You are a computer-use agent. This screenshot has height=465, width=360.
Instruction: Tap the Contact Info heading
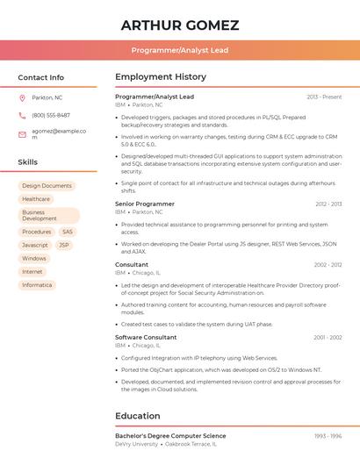pos(41,77)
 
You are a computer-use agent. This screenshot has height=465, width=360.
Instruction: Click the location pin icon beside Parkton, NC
pos(22,97)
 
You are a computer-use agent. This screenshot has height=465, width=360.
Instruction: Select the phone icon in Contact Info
pos(22,115)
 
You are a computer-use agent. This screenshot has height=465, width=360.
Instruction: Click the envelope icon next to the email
pos(22,134)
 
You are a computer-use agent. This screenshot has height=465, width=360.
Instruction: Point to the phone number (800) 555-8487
pos(51,115)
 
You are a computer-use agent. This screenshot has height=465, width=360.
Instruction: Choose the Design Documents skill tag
pos(47,186)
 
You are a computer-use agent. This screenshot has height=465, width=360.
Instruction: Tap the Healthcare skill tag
pos(36,199)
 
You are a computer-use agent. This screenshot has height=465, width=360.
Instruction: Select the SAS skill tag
pos(68,232)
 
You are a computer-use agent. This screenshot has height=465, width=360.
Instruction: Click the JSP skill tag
pos(63,245)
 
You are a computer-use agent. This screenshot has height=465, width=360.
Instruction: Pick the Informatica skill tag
pos(37,285)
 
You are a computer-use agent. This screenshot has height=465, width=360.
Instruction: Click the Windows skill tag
pos(34,258)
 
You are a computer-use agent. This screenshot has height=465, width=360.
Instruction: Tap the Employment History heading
pos(161,77)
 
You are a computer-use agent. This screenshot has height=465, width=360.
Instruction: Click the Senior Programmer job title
pos(145,204)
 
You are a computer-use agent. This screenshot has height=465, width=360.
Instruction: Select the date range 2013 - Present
pos(324,97)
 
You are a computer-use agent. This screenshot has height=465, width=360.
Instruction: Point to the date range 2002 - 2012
pos(328,264)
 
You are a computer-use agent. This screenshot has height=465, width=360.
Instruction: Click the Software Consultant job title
pos(146,337)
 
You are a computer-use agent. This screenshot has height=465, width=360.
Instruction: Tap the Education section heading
pos(141,416)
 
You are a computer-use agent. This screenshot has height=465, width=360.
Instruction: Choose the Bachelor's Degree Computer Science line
pos(170,435)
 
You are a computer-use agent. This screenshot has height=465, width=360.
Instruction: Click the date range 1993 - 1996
pos(328,436)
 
